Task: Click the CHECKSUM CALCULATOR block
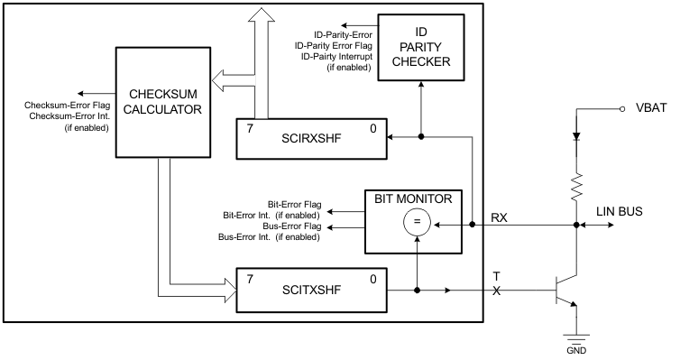(162, 101)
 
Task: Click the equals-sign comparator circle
(417, 221)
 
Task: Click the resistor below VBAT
(575, 185)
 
